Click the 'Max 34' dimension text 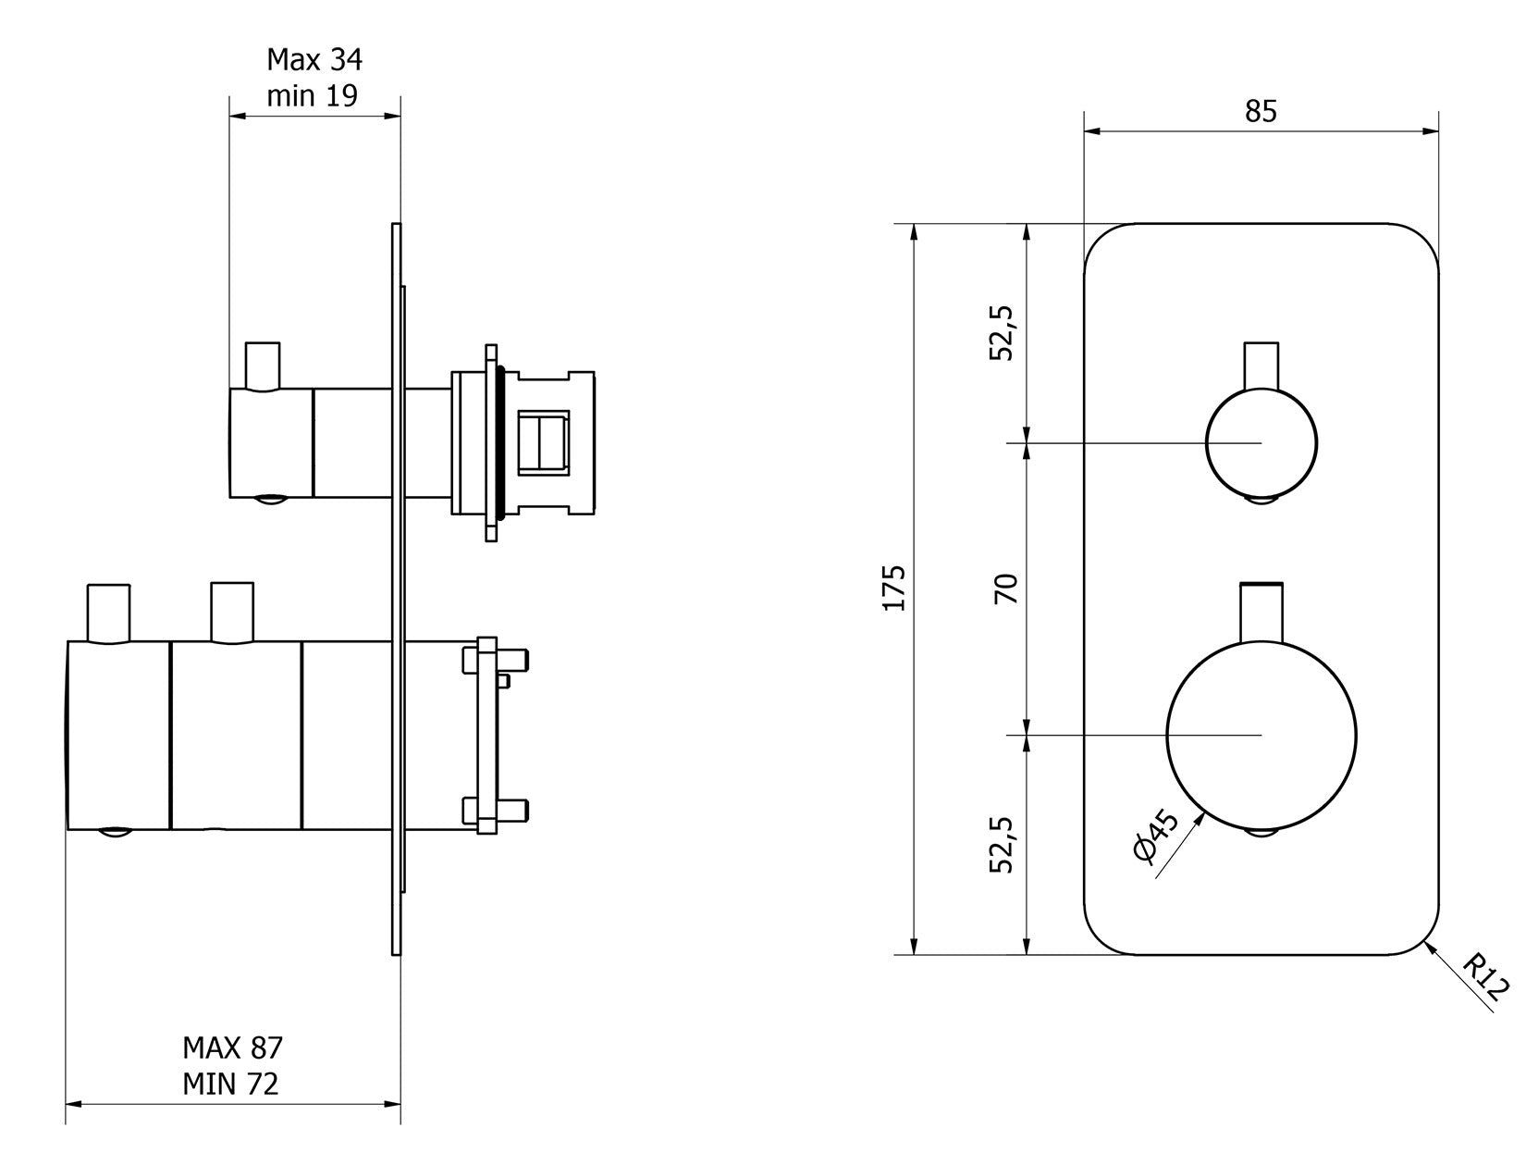[x=314, y=60]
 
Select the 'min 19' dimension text [x=312, y=95]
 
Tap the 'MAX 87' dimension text [x=232, y=1047]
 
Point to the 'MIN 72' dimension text [x=230, y=1083]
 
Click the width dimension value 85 [x=1260, y=111]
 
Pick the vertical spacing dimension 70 [x=1006, y=589]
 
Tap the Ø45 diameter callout [x=1155, y=837]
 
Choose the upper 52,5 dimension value [x=1003, y=333]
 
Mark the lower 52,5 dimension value [x=1003, y=844]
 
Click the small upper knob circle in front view [x=1261, y=443]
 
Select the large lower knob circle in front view [x=1261, y=735]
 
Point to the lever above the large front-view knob [x=1261, y=611]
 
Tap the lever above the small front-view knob [x=1261, y=366]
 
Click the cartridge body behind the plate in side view [x=555, y=442]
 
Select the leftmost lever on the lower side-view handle [x=108, y=612]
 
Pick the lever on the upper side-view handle [x=262, y=366]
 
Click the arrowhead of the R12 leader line [x=1430, y=946]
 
